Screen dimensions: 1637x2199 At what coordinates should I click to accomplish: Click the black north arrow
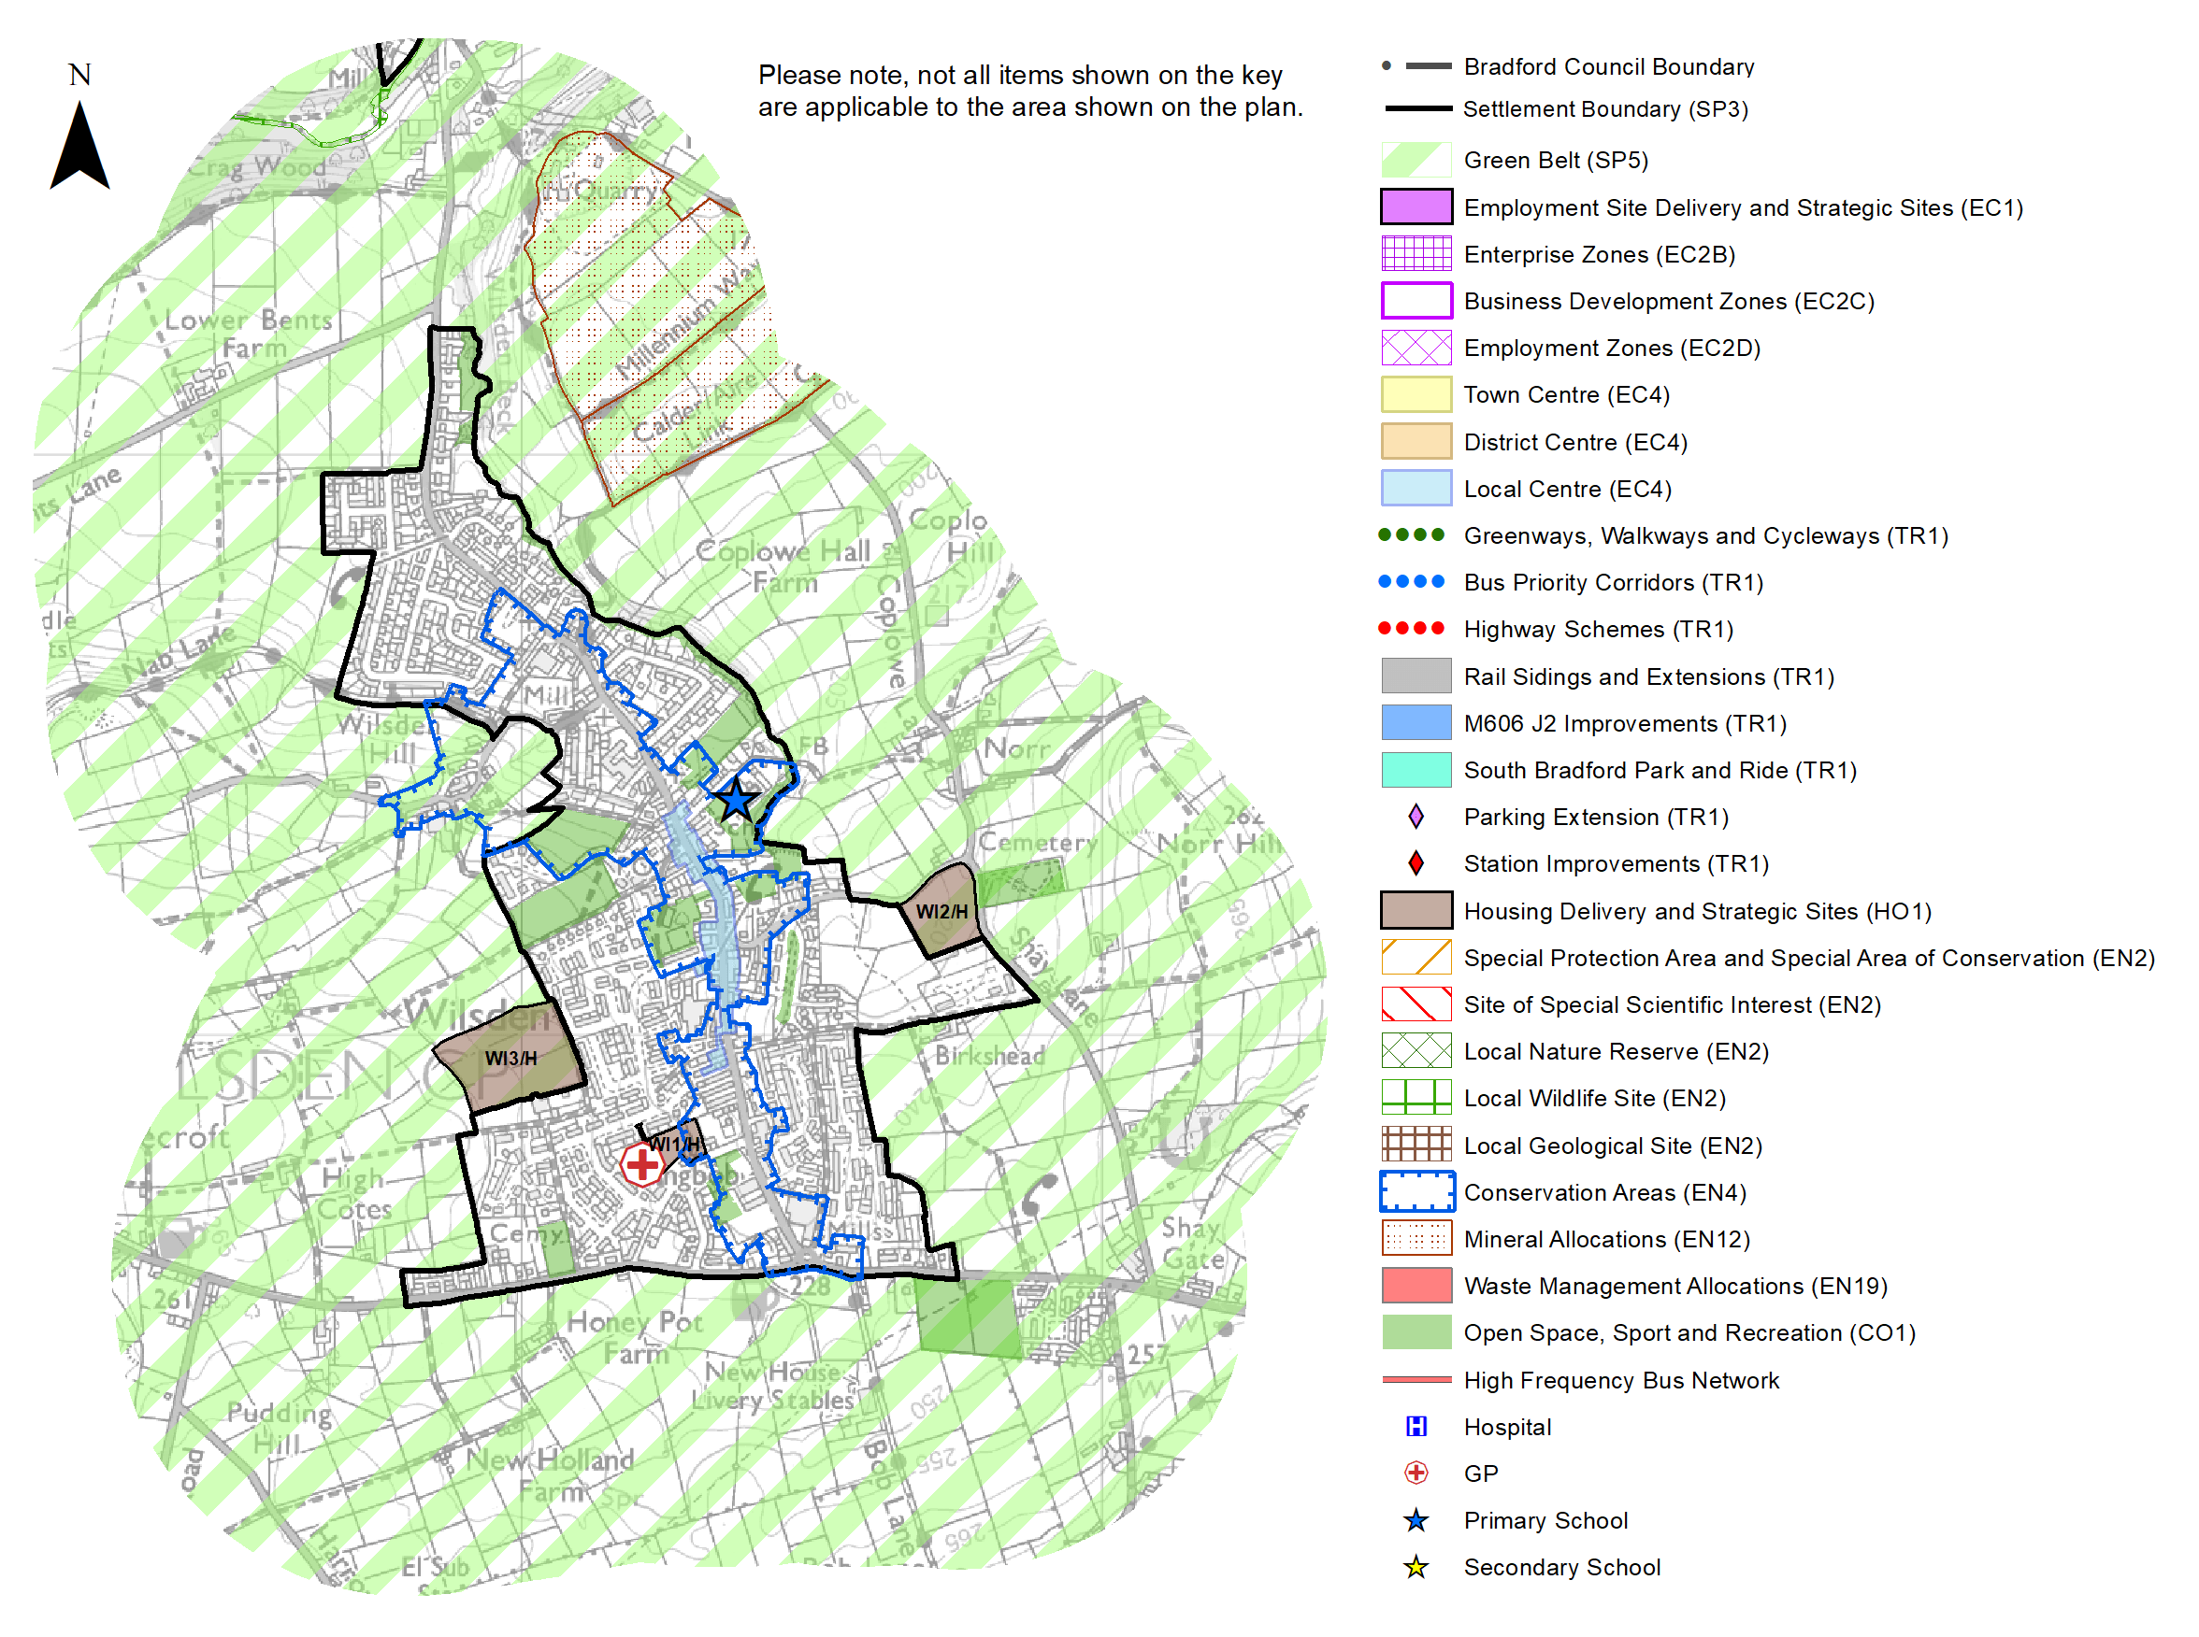(x=79, y=149)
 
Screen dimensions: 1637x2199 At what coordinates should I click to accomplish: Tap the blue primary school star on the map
(x=735, y=800)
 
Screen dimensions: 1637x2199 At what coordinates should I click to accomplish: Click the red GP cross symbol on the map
(x=641, y=1163)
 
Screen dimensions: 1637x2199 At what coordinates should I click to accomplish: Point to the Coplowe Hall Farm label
(x=783, y=565)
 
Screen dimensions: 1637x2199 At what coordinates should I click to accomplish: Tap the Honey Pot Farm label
(x=635, y=1337)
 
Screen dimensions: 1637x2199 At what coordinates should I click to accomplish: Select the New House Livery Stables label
(x=772, y=1386)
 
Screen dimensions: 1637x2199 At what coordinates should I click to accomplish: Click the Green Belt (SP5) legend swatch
(x=1416, y=160)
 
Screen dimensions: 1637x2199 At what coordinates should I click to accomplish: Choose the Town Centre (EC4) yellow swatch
(x=1416, y=394)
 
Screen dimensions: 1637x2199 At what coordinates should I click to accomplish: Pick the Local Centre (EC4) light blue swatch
(x=1416, y=489)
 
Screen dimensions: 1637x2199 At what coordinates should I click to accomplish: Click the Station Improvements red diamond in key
(x=1416, y=863)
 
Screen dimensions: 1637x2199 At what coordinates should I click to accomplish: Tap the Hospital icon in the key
(x=1416, y=1426)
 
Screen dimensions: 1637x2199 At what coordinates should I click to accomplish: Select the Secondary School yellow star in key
(x=1416, y=1567)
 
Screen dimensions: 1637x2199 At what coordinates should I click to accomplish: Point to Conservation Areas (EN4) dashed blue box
(x=1416, y=1191)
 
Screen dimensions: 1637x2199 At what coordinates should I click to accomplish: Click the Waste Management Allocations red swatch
(x=1416, y=1286)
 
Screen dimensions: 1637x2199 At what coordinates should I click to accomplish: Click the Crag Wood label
(x=256, y=166)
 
